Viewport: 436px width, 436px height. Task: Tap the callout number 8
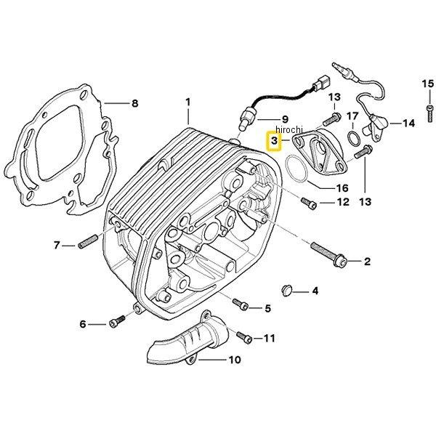134,104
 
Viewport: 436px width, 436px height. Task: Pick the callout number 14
409,124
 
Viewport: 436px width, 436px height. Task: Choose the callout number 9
286,119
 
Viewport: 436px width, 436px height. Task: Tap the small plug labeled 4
286,291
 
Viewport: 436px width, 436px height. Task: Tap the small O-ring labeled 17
351,138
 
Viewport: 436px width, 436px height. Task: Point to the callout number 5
267,309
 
